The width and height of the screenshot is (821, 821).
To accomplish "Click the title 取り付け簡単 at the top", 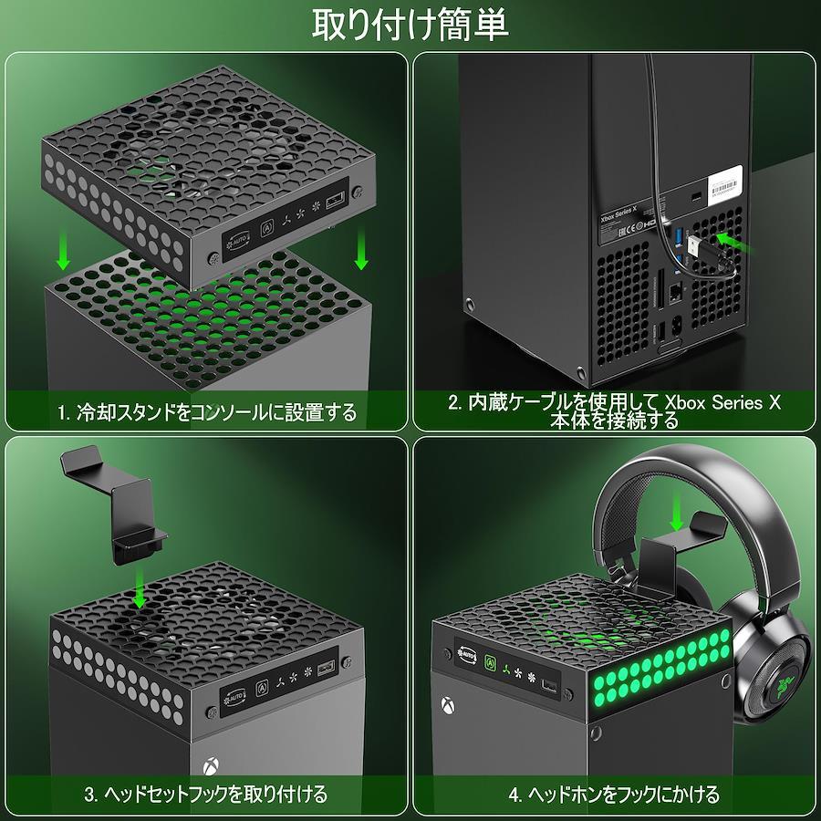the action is [410, 26].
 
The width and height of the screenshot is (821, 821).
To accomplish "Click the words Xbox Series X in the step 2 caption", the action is [722, 402].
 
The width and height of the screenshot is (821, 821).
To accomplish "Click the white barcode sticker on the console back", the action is [725, 185].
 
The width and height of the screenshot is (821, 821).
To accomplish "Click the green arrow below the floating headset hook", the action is [139, 587].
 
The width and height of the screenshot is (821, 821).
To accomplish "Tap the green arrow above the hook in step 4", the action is [677, 512].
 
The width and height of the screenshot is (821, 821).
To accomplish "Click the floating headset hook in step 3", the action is [115, 505].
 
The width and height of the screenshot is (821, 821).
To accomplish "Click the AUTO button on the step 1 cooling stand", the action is [237, 242].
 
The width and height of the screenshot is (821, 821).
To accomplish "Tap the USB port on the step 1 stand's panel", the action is [335, 201].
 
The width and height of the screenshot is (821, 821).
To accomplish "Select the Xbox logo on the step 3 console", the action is [211, 766].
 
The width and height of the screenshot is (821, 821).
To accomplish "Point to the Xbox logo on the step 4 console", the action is [448, 705].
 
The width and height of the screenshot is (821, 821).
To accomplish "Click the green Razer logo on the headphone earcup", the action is [785, 684].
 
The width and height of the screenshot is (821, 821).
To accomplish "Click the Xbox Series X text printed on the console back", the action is [618, 213].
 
